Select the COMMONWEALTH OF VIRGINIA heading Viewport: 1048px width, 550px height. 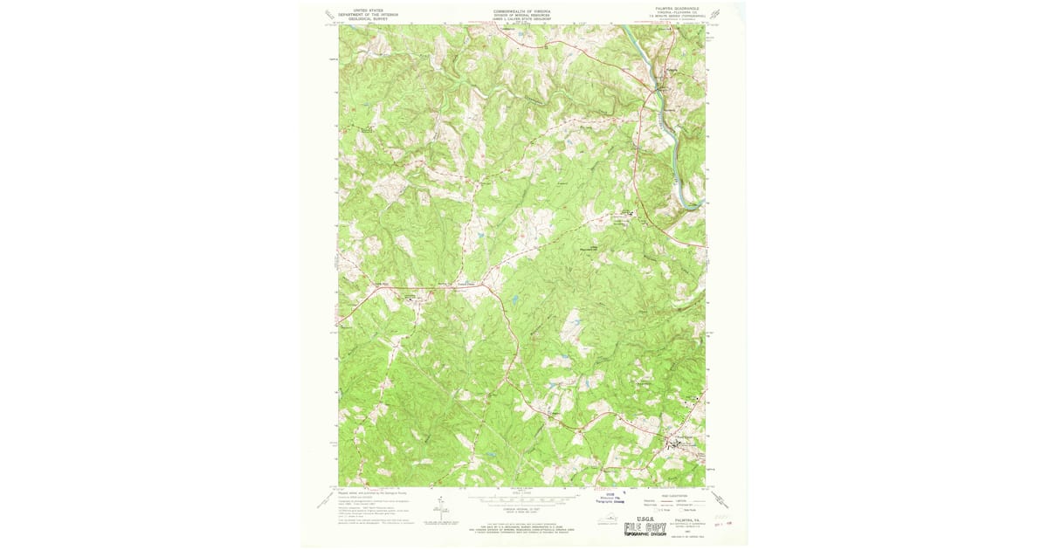click(522, 11)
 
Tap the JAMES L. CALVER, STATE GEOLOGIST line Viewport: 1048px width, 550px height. click(522, 20)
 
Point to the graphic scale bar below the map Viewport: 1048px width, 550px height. click(522, 494)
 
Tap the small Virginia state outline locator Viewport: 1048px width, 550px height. click(603, 521)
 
